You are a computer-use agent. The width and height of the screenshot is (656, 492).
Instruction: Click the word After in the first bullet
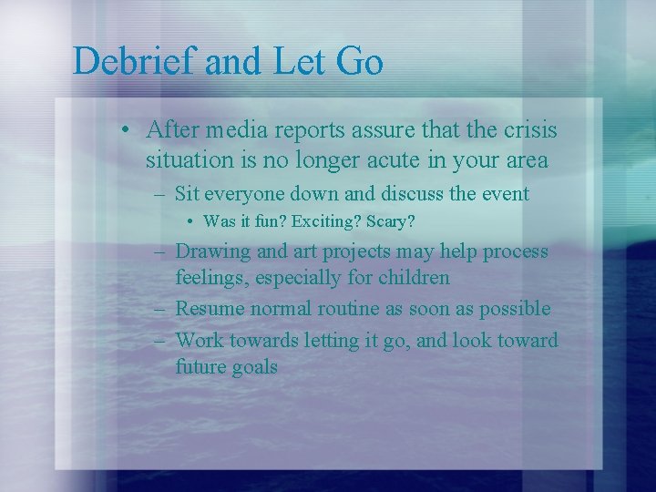tap(173, 131)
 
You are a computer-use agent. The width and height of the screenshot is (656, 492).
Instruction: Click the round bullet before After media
tap(125, 131)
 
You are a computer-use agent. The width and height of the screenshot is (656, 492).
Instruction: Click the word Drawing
tap(211, 251)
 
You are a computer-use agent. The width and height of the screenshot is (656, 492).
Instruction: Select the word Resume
tap(210, 308)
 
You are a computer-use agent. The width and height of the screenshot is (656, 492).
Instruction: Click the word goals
tap(251, 367)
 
